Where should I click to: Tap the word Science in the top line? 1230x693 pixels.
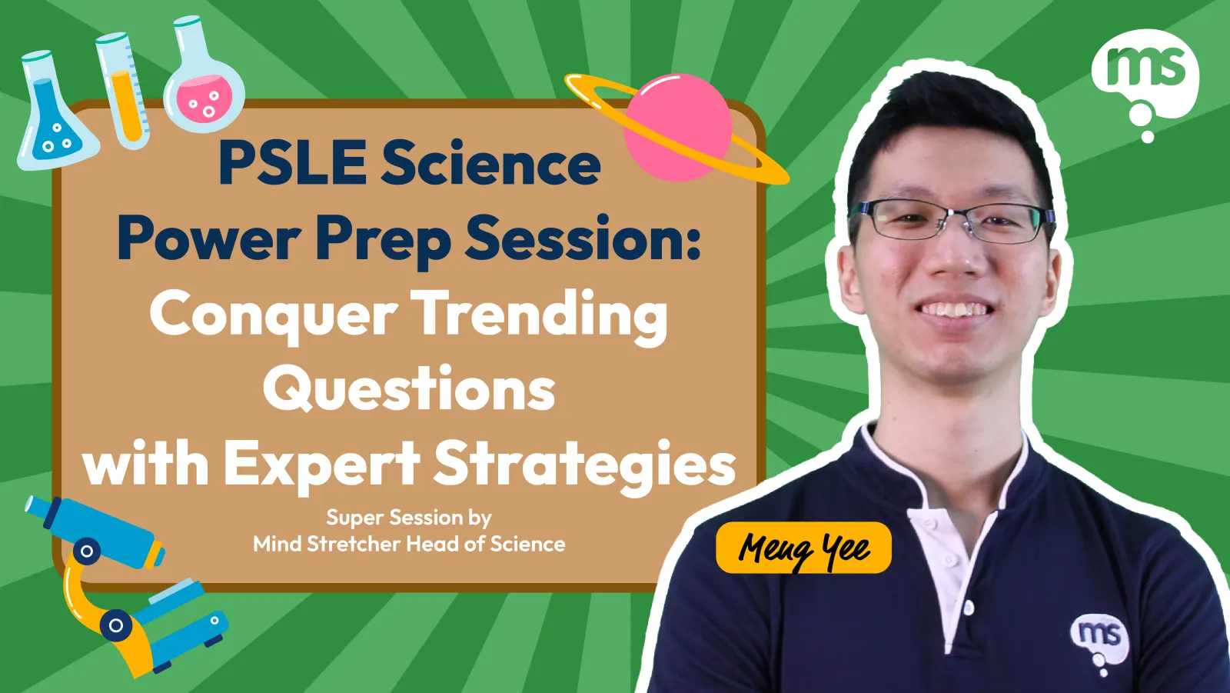tap(491, 163)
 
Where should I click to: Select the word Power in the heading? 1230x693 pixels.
tap(208, 239)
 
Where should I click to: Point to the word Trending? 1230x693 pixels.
tap(539, 317)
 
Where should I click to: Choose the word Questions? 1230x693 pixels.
tap(409, 389)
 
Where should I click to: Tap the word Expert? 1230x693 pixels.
tap(322, 465)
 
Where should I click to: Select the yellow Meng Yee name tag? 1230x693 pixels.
tap(803, 548)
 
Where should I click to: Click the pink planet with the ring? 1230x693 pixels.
tap(677, 128)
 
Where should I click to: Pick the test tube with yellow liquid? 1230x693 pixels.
tap(123, 92)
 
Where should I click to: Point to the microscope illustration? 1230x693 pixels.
tap(124, 586)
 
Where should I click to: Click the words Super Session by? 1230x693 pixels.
tap(409, 518)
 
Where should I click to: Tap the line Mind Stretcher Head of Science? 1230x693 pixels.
tap(409, 544)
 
